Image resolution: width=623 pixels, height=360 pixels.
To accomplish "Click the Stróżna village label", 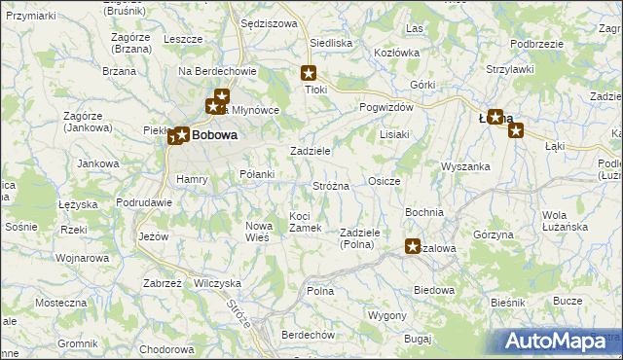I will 331,185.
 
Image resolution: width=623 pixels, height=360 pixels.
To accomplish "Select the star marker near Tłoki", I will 310,72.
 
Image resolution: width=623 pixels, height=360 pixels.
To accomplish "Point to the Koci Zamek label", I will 306,221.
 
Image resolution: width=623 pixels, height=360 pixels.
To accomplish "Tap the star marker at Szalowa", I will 414,247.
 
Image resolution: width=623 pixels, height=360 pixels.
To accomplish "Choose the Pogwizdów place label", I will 386,107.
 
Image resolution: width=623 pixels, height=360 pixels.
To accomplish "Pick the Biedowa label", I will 434,290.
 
